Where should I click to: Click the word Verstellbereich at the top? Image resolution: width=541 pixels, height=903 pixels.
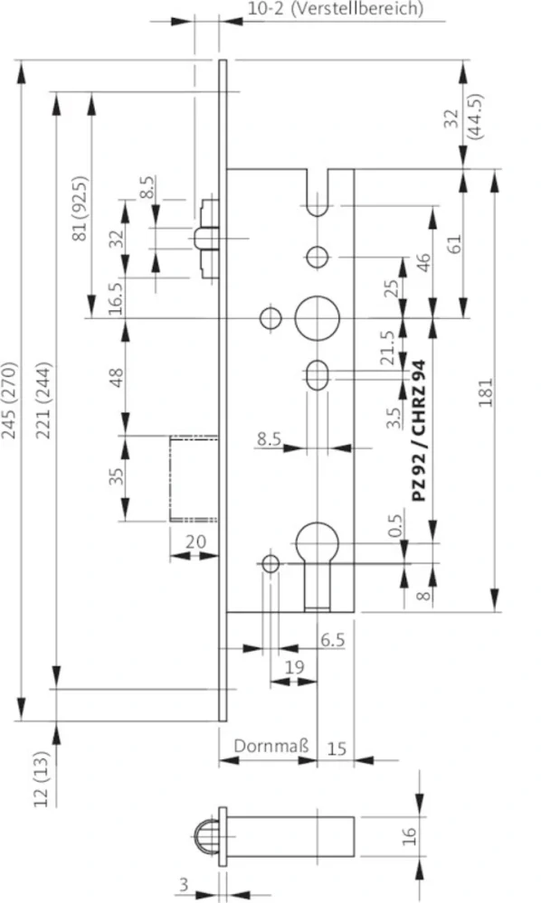point(357,10)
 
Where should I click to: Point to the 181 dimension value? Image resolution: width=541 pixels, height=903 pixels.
point(486,392)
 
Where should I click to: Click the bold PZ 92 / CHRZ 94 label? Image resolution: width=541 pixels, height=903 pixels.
point(419,431)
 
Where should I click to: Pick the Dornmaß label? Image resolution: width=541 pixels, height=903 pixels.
point(271,746)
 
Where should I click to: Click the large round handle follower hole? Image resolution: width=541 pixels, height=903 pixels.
point(317,318)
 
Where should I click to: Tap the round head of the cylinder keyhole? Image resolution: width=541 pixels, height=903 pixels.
point(317,542)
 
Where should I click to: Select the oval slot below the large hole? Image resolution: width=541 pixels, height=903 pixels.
point(317,375)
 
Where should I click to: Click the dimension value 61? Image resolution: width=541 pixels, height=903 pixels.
point(454,245)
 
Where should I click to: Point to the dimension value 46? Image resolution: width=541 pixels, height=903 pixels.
point(422,262)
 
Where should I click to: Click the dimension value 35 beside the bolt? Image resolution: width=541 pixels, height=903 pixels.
point(117,476)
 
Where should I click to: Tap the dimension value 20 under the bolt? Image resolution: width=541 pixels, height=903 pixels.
point(196,542)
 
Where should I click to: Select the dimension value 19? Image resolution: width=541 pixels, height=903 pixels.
point(294,667)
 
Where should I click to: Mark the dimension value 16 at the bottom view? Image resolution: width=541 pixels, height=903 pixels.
point(409,836)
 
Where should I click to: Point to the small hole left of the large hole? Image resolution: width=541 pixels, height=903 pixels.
point(270,318)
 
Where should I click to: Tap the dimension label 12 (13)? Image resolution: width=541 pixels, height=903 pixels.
point(42,778)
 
